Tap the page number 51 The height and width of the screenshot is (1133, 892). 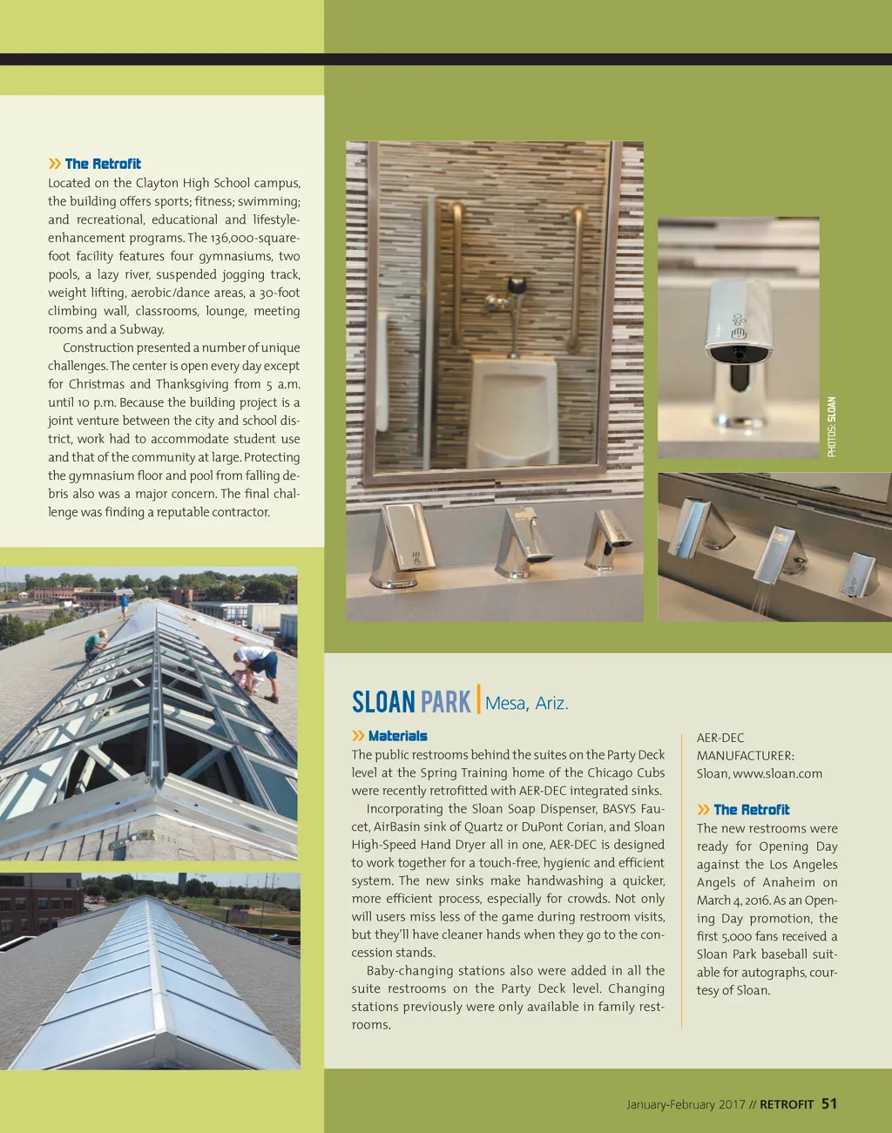point(829,1103)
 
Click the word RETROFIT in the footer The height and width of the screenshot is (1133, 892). point(786,1104)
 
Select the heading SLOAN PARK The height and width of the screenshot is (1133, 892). point(410,702)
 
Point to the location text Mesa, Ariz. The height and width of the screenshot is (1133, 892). point(526,704)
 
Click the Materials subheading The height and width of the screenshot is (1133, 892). point(397,736)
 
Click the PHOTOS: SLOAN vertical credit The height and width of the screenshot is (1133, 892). point(831,427)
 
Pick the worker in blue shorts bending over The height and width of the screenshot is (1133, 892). point(258,667)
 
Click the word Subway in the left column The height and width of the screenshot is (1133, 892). point(141,329)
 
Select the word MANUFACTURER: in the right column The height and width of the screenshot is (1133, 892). point(745,755)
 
